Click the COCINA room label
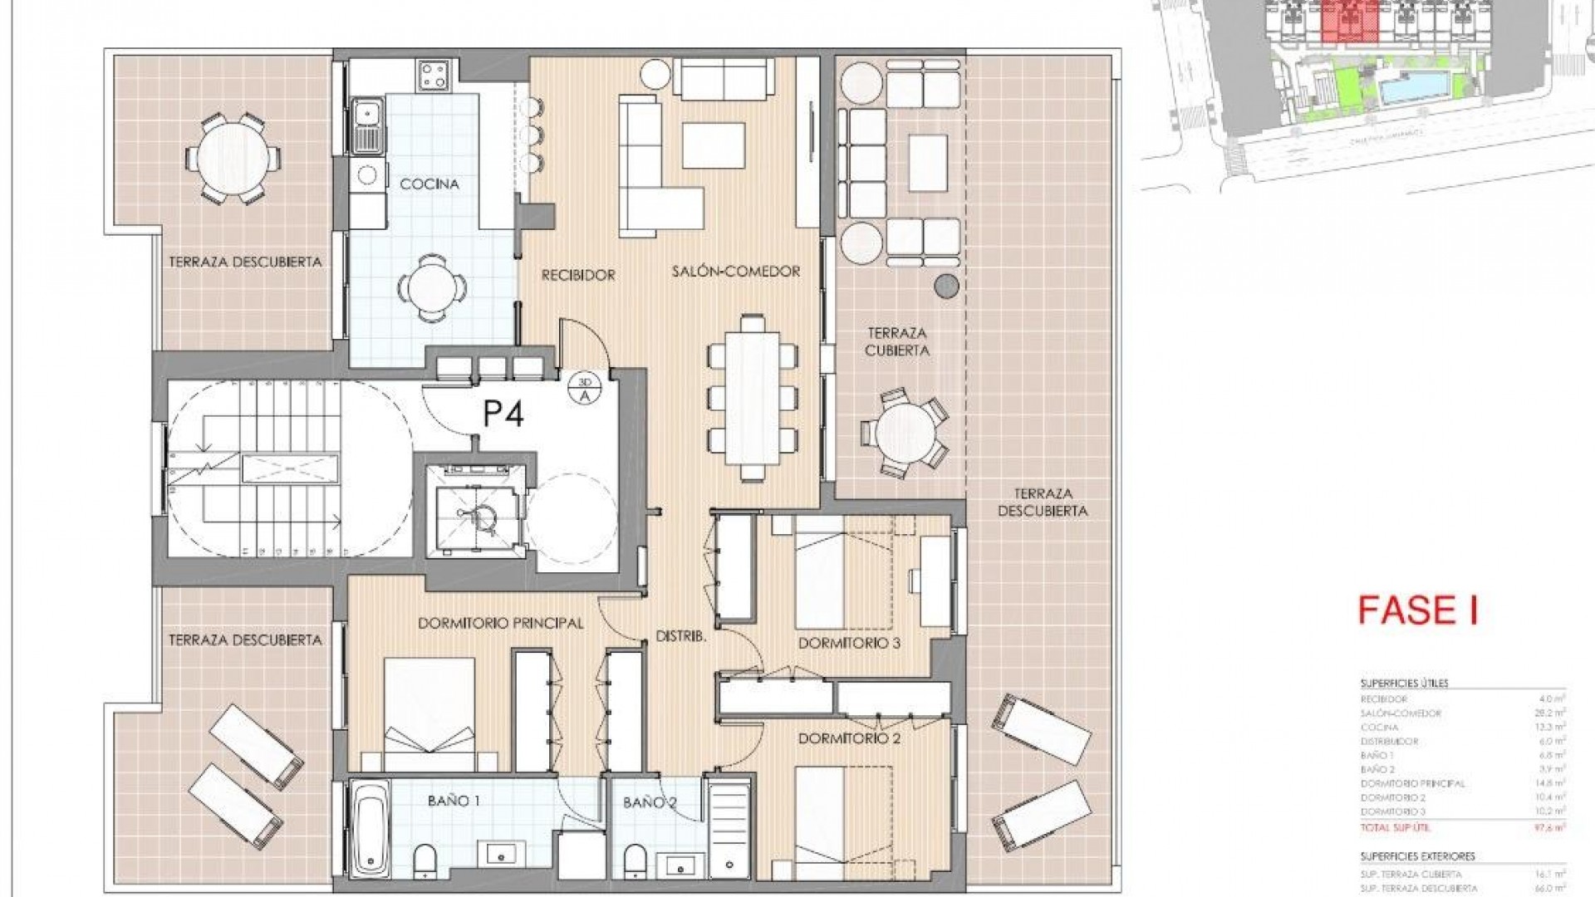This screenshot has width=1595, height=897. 429,184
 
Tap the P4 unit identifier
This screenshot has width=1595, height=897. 504,413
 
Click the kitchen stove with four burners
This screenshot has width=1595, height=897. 434,76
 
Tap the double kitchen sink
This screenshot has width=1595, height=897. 367,125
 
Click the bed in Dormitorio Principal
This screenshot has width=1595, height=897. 429,713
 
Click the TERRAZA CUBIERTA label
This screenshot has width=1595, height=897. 896,341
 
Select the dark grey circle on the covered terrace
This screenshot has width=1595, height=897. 946,287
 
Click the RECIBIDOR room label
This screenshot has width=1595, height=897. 578,275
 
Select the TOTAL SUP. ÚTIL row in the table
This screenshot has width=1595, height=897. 1462,827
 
